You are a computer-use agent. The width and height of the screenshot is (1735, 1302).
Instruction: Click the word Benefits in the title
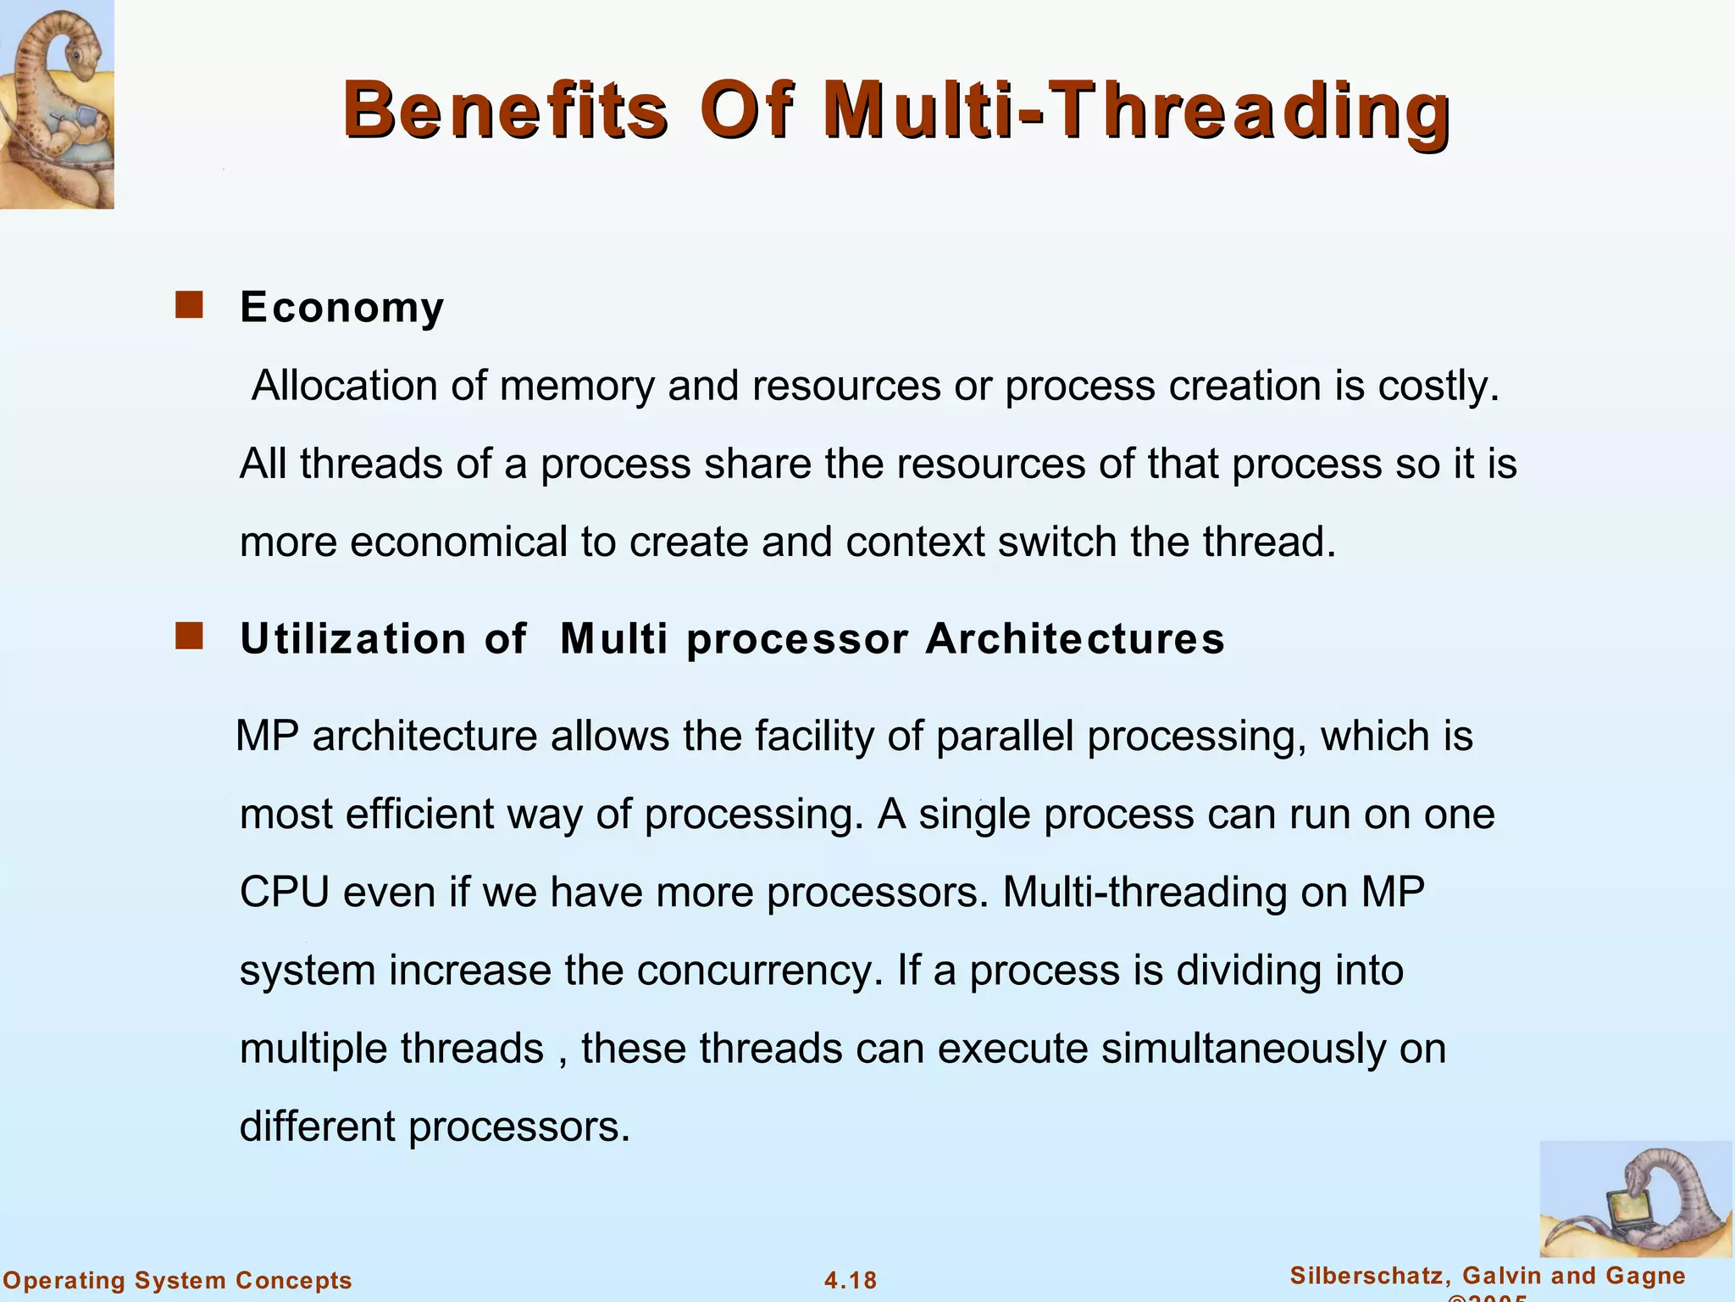click(506, 110)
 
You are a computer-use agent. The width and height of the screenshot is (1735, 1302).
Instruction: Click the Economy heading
click(341, 307)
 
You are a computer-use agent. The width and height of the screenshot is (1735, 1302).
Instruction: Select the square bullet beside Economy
click(189, 305)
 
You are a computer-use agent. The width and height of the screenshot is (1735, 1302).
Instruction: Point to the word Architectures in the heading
click(1074, 638)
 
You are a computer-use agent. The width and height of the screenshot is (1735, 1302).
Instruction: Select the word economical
click(458, 542)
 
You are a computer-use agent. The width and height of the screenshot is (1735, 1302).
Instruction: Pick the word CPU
click(284, 892)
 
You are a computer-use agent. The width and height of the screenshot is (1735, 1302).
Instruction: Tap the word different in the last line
click(318, 1127)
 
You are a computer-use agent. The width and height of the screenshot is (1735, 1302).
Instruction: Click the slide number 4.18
click(851, 1280)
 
